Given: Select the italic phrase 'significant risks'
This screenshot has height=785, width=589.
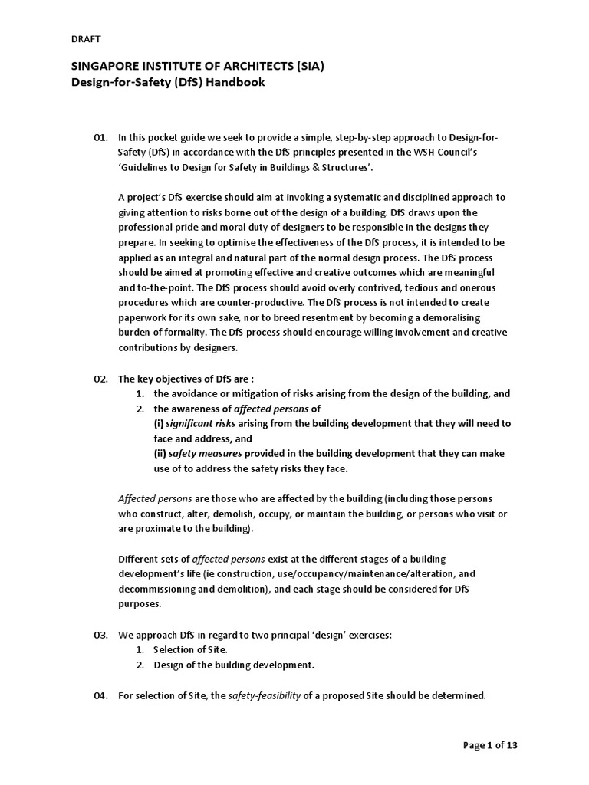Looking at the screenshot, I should [x=202, y=423].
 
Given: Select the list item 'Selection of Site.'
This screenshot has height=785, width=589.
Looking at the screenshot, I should [x=190, y=650].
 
